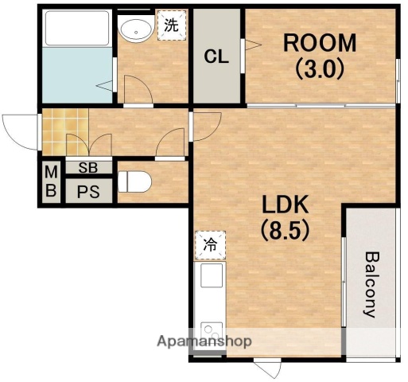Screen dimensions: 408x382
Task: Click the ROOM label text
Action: (320, 43)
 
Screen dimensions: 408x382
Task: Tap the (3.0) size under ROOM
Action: (320, 69)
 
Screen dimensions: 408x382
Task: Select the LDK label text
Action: (286, 205)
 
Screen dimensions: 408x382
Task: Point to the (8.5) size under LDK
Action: (286, 230)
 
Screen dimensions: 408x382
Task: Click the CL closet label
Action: (216, 57)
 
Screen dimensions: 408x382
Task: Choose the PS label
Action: (88, 192)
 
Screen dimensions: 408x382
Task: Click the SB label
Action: (88, 167)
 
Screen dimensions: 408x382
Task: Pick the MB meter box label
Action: (51, 181)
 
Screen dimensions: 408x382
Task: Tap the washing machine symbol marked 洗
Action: (172, 25)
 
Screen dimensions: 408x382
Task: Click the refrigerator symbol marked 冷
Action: (210, 245)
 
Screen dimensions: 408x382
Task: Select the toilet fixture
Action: (134, 181)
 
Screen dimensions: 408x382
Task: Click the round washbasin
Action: (136, 29)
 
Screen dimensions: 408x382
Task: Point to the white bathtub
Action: (77, 28)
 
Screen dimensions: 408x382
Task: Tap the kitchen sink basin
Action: (212, 275)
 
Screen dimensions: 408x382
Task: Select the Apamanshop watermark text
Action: (204, 341)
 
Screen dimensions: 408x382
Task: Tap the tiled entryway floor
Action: (65, 132)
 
